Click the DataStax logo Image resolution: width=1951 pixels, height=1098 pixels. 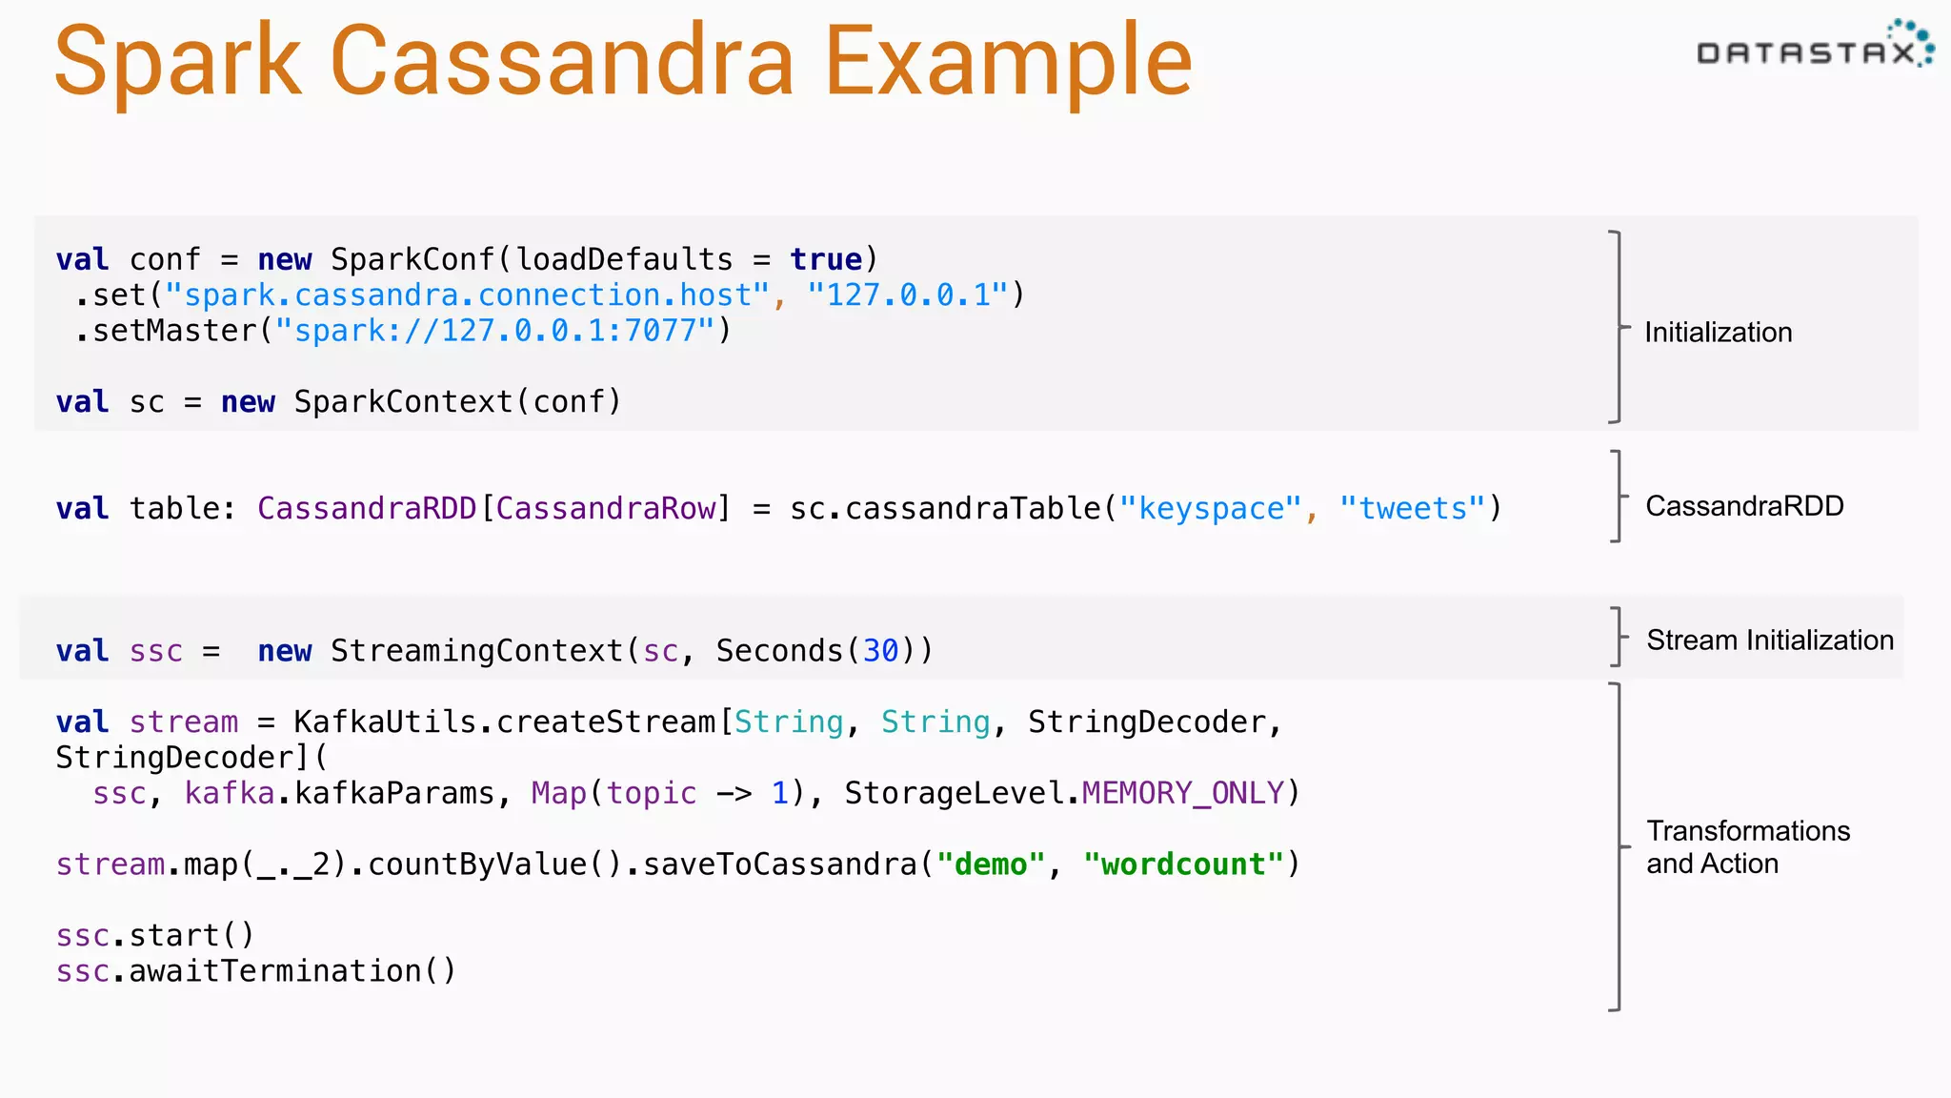(x=1814, y=48)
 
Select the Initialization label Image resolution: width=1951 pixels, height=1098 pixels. (x=1718, y=333)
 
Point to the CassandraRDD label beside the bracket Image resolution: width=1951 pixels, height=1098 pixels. (x=1744, y=506)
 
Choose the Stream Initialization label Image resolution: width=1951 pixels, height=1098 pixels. (x=1770, y=640)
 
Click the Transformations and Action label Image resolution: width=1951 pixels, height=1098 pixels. (x=1747, y=847)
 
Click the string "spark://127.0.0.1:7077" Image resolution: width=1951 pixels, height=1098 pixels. (x=494, y=331)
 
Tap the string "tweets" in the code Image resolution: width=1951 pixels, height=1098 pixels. (x=1412, y=509)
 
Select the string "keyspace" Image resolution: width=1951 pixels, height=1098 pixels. (x=1210, y=509)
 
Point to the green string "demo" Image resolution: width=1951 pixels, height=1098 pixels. (x=991, y=864)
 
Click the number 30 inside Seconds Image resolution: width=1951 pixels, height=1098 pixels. (x=880, y=651)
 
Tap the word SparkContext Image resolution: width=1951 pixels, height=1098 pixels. (x=403, y=402)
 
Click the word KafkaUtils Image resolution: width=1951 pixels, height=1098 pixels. (x=385, y=722)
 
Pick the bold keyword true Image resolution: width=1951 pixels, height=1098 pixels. (x=825, y=259)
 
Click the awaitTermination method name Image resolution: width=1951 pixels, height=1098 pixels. (x=275, y=971)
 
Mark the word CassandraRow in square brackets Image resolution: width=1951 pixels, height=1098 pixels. (x=606, y=509)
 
